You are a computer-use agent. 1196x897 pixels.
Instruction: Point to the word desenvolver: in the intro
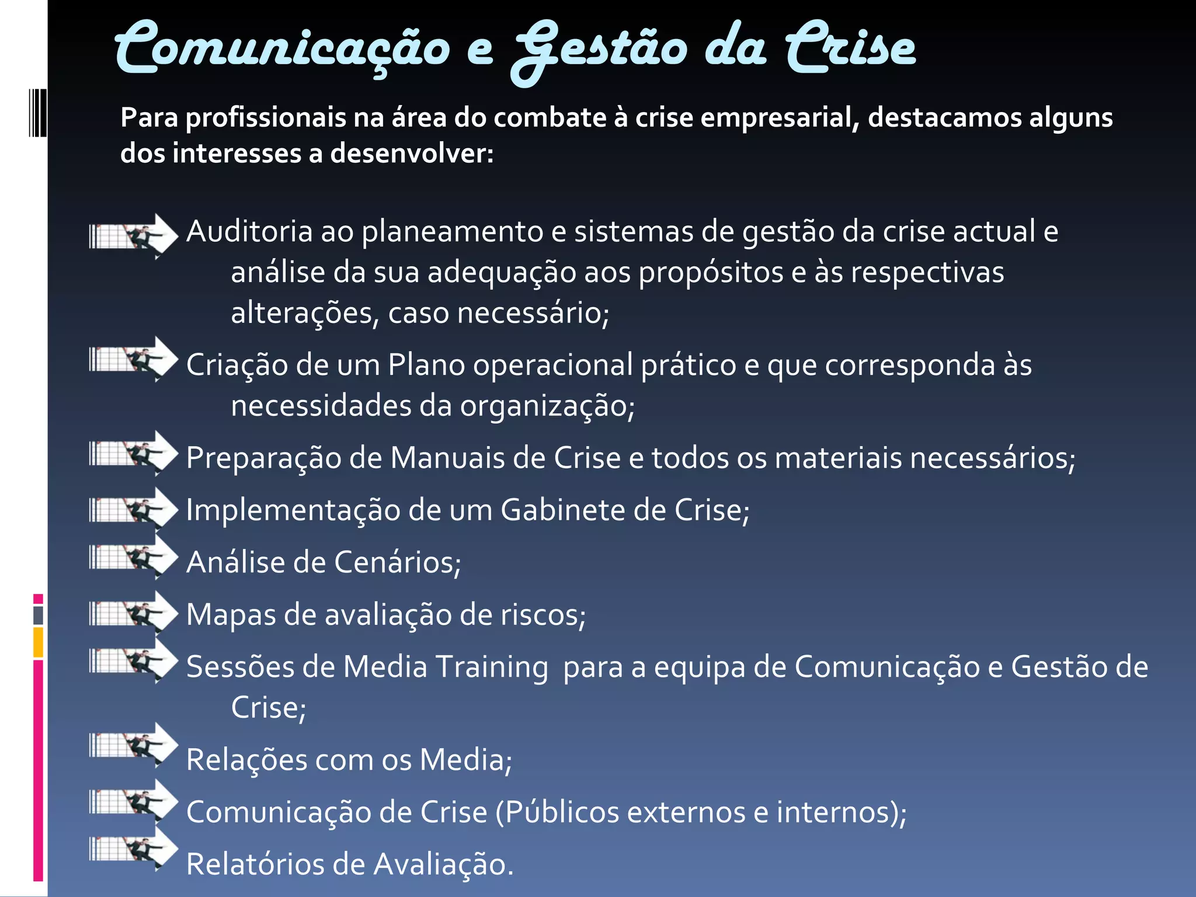pos(412,154)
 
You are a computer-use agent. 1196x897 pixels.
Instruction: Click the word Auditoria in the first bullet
pos(249,231)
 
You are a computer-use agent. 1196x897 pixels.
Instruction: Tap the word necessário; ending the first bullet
pos(533,313)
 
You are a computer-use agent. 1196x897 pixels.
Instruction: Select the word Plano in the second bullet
pos(426,365)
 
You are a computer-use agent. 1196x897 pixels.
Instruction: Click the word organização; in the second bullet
pos(547,406)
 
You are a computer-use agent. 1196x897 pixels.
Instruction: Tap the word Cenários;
pos(398,562)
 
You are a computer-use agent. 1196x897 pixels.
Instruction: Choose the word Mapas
pos(231,614)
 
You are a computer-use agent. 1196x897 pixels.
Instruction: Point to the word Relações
pos(246,760)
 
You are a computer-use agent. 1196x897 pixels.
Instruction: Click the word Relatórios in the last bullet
pos(255,864)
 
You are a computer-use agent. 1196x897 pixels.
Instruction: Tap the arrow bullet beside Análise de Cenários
pos(134,557)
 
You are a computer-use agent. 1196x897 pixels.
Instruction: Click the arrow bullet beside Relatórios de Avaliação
pos(134,848)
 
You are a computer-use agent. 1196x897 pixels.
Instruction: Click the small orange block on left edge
pos(38,642)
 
